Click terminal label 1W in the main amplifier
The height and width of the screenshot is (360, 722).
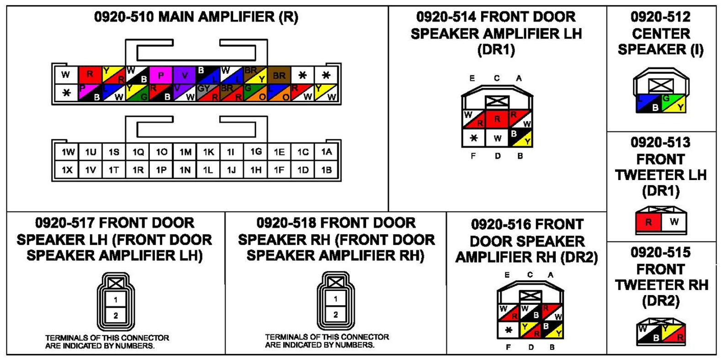click(x=68, y=152)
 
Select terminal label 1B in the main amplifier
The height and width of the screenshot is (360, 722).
click(x=326, y=170)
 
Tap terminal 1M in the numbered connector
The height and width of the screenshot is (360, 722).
click(x=185, y=152)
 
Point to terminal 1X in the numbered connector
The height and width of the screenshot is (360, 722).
click(x=67, y=170)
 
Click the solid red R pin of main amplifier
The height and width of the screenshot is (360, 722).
click(x=90, y=74)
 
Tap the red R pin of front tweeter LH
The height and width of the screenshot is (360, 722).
click(x=648, y=222)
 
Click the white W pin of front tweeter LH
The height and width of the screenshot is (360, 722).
click(x=674, y=222)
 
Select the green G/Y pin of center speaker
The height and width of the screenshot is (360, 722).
click(x=674, y=103)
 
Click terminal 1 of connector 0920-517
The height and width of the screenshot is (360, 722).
click(x=116, y=300)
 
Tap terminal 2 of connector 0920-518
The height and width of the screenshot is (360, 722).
click(x=335, y=315)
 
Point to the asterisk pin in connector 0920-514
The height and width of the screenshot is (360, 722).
click(x=474, y=138)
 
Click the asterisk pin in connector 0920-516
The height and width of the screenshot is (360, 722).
click(x=508, y=330)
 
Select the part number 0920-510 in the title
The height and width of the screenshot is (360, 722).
click(x=124, y=17)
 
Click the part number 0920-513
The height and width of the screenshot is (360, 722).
click(x=660, y=143)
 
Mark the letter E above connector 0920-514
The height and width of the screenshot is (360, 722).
click(x=472, y=78)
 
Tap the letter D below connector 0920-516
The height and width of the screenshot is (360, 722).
click(x=531, y=347)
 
